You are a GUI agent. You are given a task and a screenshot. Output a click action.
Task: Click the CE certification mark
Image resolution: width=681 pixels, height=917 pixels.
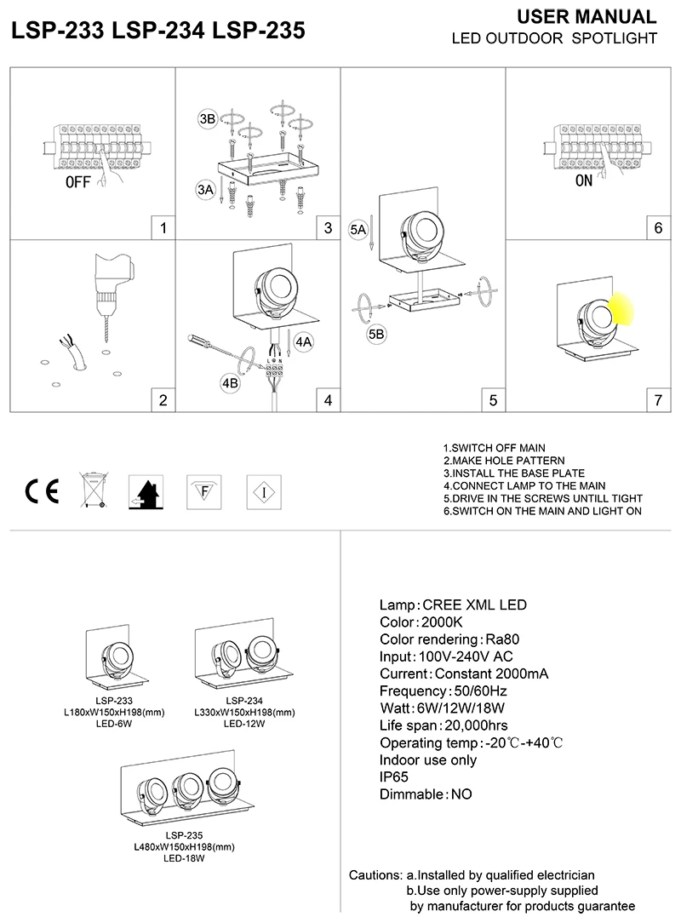41,492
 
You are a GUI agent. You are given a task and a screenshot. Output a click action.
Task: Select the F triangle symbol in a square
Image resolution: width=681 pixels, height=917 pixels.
203,491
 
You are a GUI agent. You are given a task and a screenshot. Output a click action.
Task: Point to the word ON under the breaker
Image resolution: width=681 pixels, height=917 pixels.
583,181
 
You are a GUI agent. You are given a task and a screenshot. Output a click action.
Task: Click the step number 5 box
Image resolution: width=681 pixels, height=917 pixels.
493,398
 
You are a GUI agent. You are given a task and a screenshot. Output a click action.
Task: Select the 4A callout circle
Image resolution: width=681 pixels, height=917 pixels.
304,342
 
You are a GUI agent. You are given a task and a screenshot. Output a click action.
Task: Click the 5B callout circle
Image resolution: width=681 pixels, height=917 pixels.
377,335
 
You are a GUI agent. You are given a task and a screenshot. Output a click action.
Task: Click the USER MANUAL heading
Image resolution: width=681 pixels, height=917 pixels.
587,17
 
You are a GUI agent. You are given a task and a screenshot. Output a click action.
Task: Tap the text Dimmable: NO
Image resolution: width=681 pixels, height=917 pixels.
425,794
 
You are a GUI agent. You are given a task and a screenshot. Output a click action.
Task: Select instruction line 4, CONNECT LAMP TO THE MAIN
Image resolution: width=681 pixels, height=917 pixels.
529,485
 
